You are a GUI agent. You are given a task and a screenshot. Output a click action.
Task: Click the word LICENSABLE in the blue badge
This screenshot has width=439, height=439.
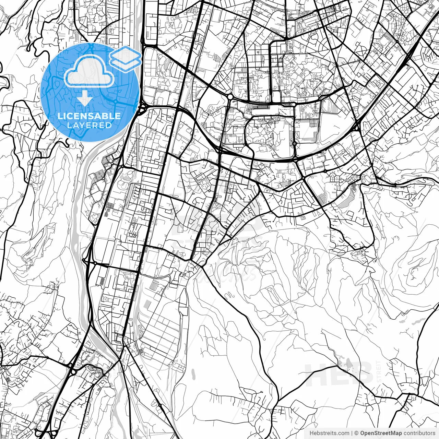(x=89, y=116)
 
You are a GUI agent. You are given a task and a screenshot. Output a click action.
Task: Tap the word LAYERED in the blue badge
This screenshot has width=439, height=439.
(x=89, y=125)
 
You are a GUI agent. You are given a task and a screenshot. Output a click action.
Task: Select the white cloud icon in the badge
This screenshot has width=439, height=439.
(x=89, y=71)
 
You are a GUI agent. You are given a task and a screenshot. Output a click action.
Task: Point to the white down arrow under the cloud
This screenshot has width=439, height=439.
(x=84, y=99)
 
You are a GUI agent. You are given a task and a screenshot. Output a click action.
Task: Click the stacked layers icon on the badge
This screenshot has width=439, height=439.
(x=126, y=58)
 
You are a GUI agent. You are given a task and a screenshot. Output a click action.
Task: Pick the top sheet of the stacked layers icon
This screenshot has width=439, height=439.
(x=126, y=54)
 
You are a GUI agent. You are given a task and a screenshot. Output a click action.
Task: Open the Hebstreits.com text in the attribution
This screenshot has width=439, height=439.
(x=330, y=433)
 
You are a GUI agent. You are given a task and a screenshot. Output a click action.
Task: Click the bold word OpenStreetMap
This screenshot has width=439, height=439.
(x=381, y=433)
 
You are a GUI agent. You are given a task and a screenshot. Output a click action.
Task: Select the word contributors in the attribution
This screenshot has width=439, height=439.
(x=419, y=433)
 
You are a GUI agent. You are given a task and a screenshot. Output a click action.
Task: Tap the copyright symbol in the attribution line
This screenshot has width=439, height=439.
(x=357, y=433)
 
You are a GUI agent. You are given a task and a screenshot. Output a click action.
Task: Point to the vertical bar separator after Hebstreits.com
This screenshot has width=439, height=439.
(x=352, y=433)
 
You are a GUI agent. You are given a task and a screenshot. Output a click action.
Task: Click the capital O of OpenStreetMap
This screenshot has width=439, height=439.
(x=363, y=433)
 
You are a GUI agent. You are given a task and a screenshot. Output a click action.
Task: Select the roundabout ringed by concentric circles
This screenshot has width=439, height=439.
(x=294, y=143)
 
